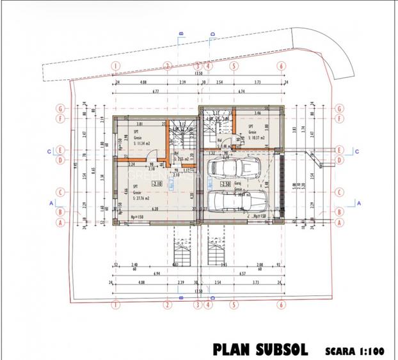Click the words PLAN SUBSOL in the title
pos(260,350)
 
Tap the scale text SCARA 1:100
pos(354,350)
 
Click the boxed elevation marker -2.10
pos(157,184)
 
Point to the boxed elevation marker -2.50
pos(225,184)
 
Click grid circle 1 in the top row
pos(116,65)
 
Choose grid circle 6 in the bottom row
pos(280,304)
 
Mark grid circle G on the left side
pos(61,108)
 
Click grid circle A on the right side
pos(338,223)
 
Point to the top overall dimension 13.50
pos(198,74)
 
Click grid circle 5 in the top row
pos(235,65)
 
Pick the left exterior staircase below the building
pos(182,250)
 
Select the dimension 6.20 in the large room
pos(154,208)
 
